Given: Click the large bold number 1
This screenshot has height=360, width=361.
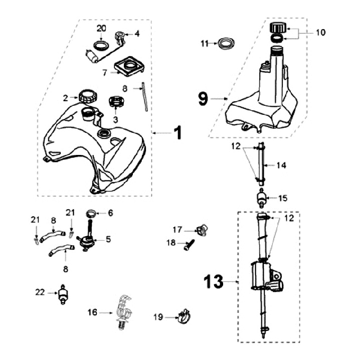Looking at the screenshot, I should (x=177, y=132).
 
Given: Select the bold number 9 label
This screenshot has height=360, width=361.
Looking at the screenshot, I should (x=203, y=99).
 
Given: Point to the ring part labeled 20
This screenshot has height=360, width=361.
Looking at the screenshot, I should (x=101, y=47).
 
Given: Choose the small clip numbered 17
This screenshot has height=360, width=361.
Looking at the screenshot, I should (x=202, y=230).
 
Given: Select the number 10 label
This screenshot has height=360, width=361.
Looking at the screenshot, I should (x=320, y=32).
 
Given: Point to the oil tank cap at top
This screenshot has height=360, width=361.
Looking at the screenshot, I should (x=277, y=28).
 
